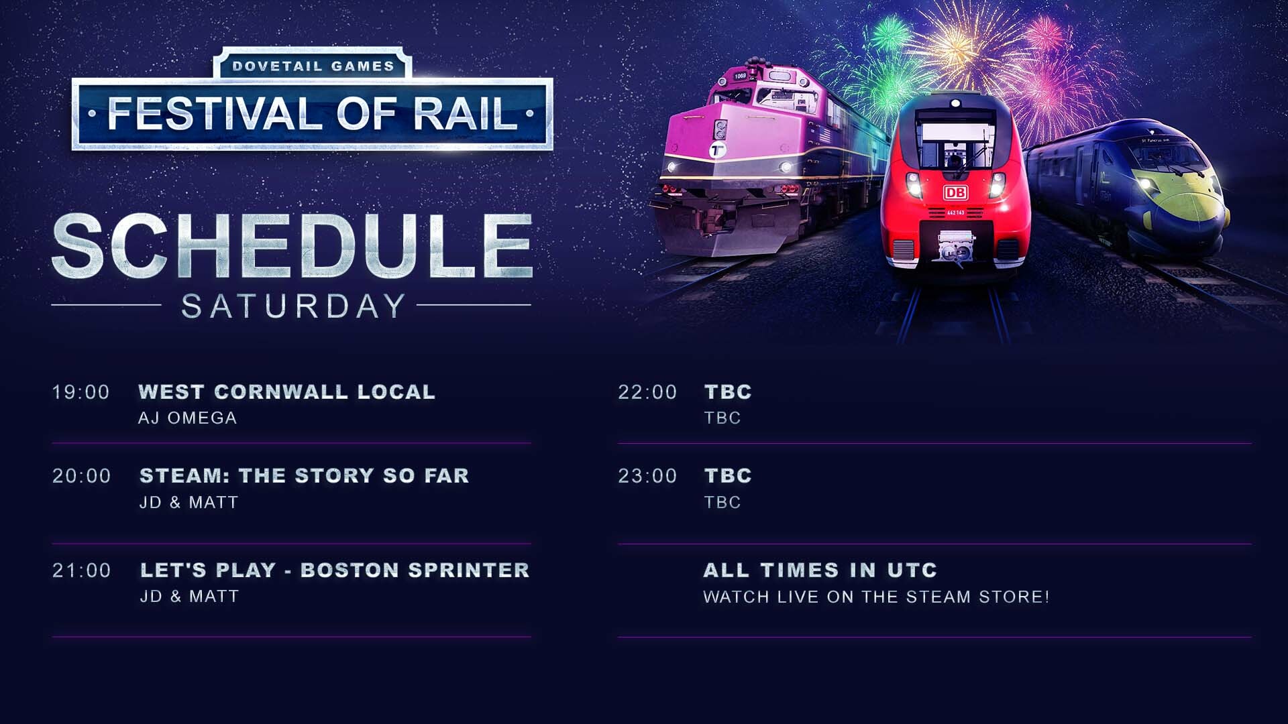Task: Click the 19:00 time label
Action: (81, 392)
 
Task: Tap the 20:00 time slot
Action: (82, 476)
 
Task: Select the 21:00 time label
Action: (82, 570)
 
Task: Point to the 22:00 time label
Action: (647, 392)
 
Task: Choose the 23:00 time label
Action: (647, 476)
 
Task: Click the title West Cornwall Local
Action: (287, 392)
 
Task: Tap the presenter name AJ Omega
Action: (188, 418)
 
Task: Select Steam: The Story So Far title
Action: (305, 476)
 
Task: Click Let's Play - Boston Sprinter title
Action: (335, 570)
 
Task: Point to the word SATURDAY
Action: (293, 306)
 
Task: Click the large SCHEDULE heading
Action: (292, 246)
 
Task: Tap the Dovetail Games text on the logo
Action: (313, 66)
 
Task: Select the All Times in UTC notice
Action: (820, 570)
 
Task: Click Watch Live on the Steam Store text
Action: (876, 597)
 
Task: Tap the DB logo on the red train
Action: (955, 193)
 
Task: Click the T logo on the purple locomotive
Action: (718, 150)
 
